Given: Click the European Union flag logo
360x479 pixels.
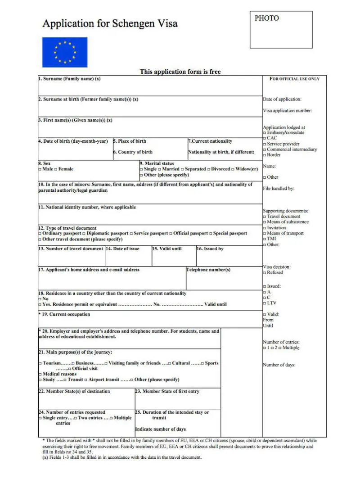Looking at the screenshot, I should (65, 52).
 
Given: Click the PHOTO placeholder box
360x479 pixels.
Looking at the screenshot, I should (281, 30).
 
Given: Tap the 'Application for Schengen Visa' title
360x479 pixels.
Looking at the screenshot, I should (110, 23).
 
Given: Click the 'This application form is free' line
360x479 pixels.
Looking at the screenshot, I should (180, 72).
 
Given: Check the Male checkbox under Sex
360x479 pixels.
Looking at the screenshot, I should (40, 169).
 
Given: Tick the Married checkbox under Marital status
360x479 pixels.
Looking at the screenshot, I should (160, 169).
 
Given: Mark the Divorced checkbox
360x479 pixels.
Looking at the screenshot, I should (208, 169).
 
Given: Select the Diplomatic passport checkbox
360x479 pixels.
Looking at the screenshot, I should (84, 234).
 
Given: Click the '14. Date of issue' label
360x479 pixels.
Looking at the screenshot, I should (123, 249).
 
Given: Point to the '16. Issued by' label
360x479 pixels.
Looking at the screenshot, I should (210, 249).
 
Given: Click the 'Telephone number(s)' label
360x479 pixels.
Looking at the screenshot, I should (208, 270).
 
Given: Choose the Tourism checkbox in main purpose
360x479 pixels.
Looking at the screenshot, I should (40, 363).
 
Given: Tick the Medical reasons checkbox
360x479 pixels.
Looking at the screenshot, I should (40, 374).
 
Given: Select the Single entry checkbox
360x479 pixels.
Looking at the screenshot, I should (40, 418).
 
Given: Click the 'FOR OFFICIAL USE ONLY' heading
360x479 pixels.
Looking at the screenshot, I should (294, 79).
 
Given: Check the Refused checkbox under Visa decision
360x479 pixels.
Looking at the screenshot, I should (265, 272).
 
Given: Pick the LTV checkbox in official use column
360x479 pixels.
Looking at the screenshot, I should (265, 303).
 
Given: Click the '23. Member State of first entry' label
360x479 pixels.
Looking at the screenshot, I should (167, 392).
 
